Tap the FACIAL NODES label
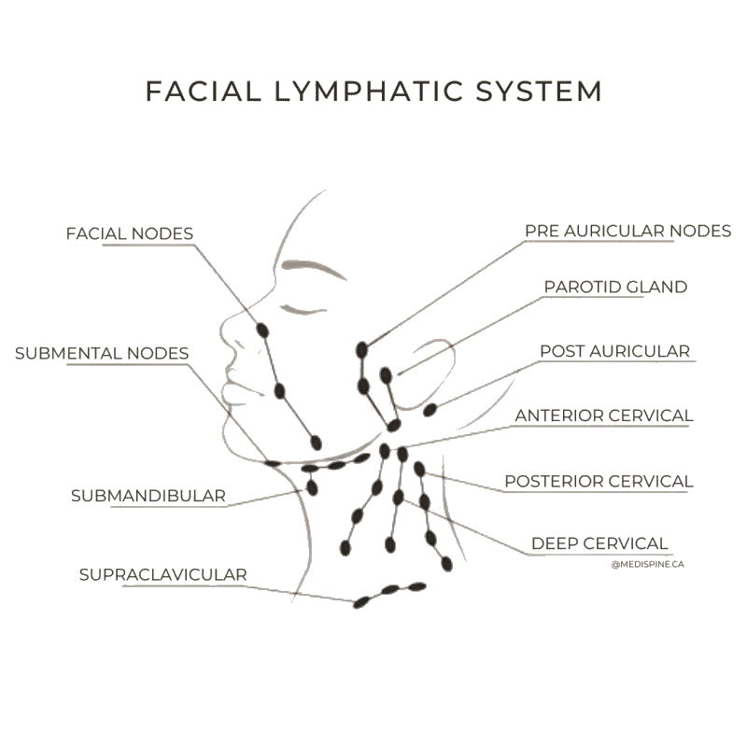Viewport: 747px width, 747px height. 129,233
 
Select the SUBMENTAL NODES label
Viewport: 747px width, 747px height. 102,354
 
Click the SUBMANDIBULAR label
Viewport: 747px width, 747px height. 148,496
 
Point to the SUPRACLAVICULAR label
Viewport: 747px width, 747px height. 162,575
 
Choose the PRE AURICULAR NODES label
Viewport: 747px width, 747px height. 627,231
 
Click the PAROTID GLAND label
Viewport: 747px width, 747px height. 615,288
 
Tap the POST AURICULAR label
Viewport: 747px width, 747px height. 614,352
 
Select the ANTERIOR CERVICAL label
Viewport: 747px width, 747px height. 604,416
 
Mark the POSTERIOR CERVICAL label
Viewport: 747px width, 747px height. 599,482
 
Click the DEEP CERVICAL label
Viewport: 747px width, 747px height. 599,543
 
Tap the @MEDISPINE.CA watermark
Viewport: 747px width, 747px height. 648,564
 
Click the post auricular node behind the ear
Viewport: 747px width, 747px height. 430,410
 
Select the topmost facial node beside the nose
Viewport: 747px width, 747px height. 263,330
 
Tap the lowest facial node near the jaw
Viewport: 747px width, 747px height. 316,442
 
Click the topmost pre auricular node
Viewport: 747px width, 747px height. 362,350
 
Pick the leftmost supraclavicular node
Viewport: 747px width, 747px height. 361,602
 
